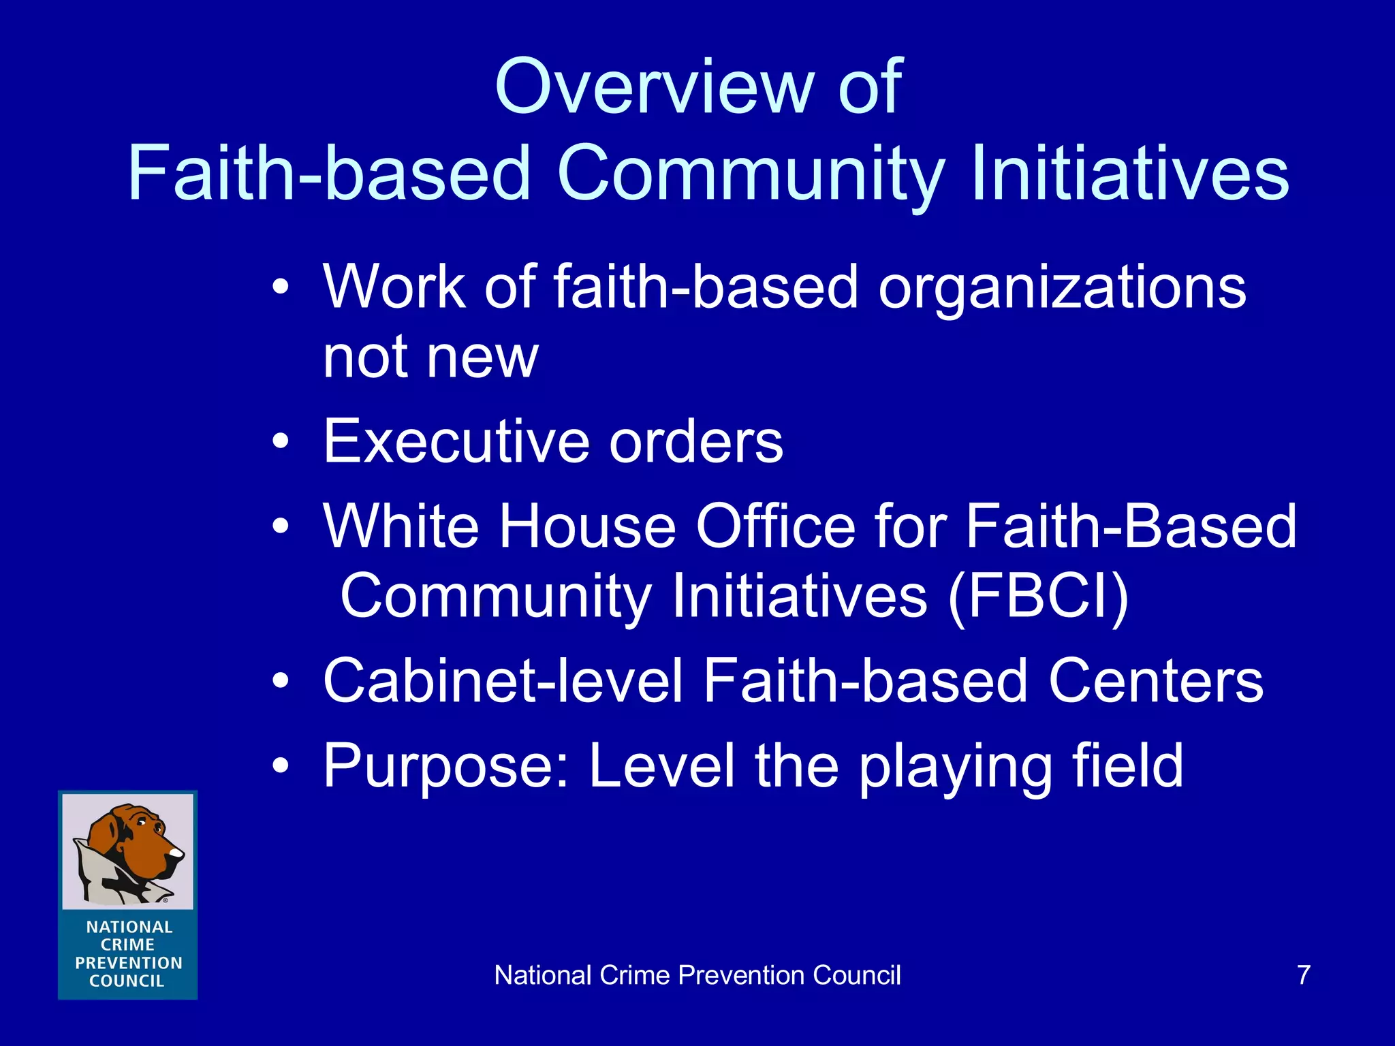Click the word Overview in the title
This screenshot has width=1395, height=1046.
coord(654,87)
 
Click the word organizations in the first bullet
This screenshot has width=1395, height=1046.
coord(1063,289)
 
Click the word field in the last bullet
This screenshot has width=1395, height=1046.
coord(1127,765)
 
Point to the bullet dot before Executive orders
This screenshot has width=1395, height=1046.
coord(280,443)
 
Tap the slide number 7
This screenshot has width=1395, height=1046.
coord(1303,975)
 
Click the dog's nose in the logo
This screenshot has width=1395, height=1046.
coord(177,851)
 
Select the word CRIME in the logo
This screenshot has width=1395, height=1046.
coord(127,945)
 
